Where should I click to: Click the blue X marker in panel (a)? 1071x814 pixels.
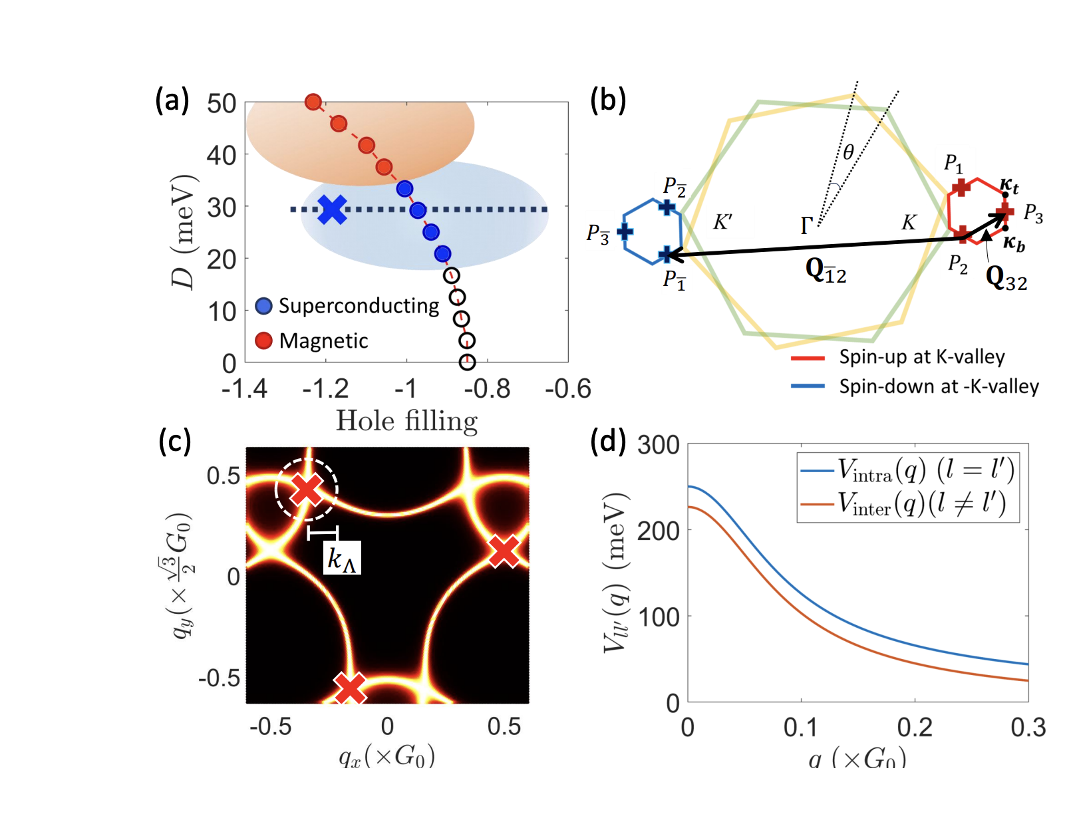[x=332, y=209]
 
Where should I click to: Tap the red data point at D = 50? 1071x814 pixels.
[x=313, y=102]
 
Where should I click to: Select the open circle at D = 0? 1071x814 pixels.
[x=468, y=362]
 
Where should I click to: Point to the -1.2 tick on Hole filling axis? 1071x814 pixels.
[x=325, y=389]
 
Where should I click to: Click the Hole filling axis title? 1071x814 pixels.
[x=406, y=421]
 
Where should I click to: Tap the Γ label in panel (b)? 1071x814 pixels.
[x=806, y=226]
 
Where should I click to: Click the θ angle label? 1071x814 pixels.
[x=848, y=152]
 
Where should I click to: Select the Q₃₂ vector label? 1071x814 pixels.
[x=1006, y=277]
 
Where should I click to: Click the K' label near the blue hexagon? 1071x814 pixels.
[x=722, y=221]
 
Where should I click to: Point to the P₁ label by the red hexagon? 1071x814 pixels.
[x=953, y=163]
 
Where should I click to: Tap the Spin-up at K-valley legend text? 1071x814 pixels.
[x=921, y=357]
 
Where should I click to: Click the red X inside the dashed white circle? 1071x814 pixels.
[x=307, y=489]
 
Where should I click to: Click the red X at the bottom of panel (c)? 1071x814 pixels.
[x=350, y=688]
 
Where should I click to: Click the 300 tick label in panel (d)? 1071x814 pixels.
[x=658, y=445]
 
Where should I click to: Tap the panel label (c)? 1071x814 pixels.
[x=174, y=440]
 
